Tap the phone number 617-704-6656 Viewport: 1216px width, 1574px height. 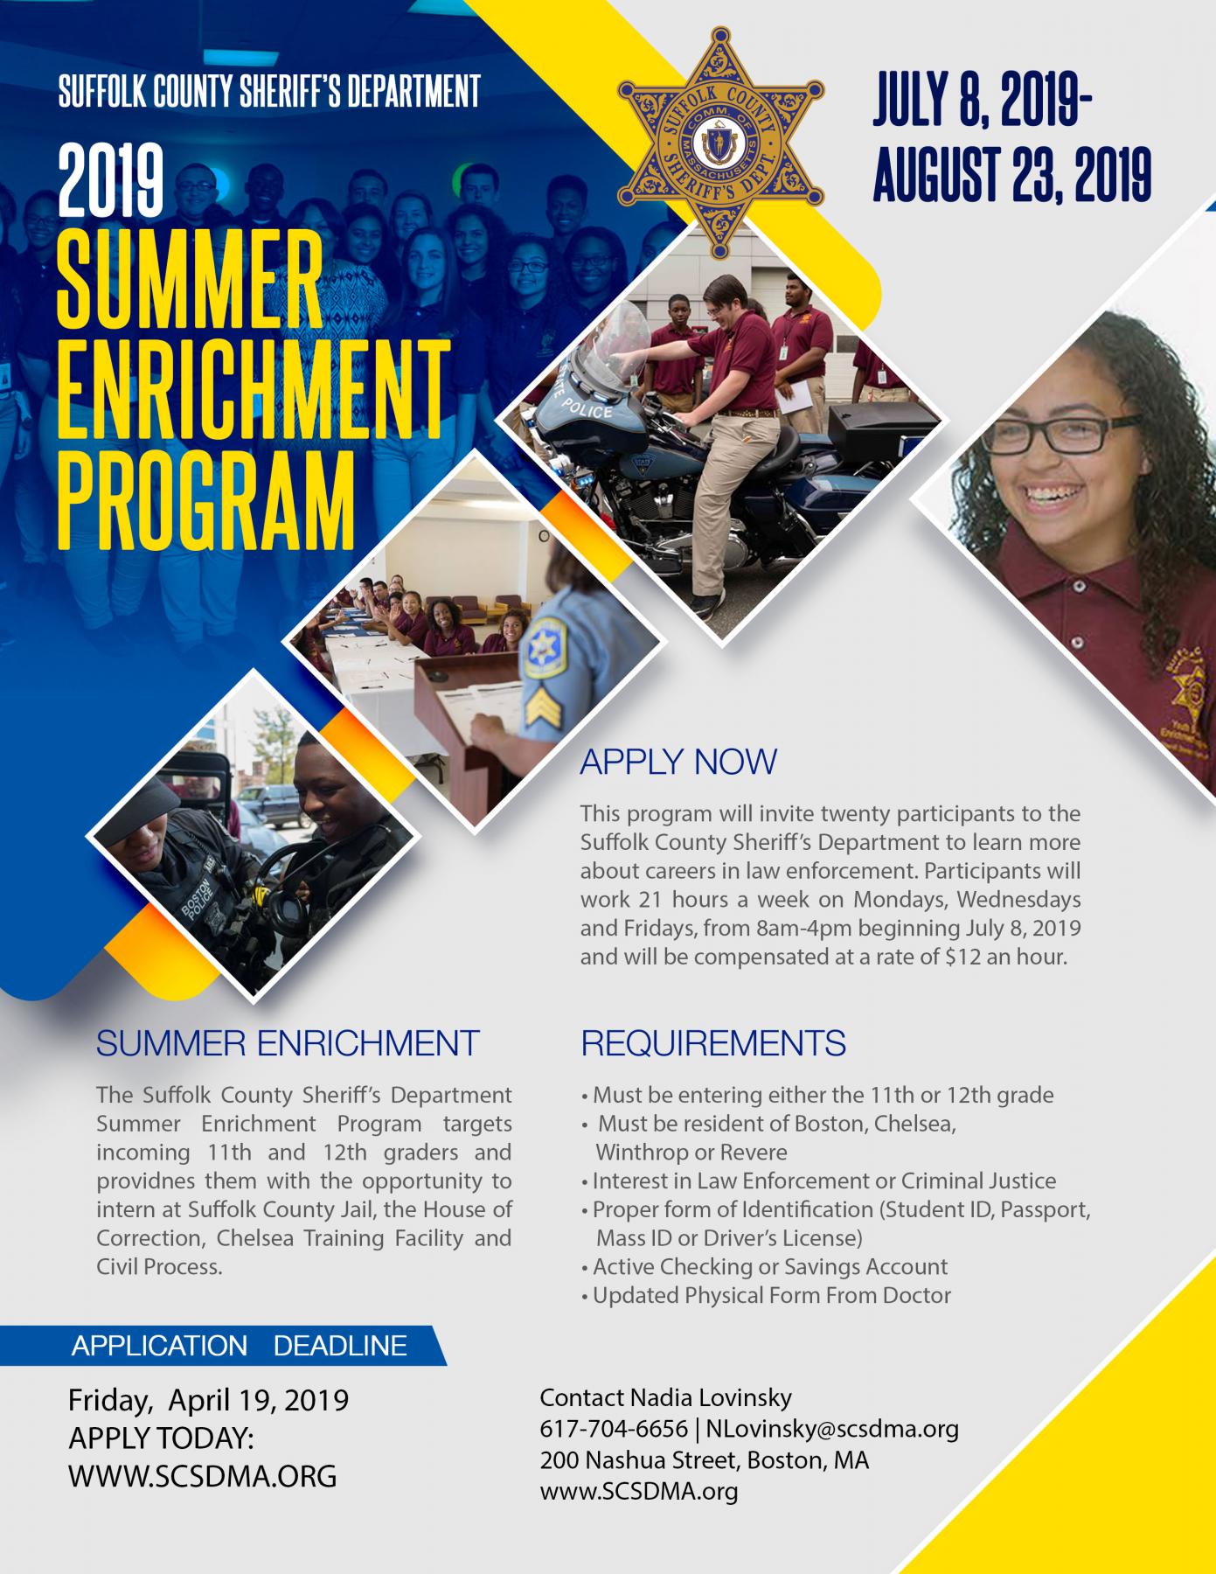614,1429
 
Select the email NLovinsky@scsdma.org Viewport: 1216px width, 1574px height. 832,1429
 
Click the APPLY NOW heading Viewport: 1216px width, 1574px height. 678,762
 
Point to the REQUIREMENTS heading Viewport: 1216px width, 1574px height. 713,1043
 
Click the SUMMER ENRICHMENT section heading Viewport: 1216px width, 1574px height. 288,1043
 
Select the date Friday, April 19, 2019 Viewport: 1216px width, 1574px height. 209,1400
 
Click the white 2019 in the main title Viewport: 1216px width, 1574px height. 111,182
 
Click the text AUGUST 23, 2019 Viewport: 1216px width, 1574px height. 1011,174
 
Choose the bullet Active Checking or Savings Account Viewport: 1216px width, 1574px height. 765,1266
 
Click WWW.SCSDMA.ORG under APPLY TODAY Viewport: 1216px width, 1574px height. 203,1476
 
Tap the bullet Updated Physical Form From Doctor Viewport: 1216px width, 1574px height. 767,1295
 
